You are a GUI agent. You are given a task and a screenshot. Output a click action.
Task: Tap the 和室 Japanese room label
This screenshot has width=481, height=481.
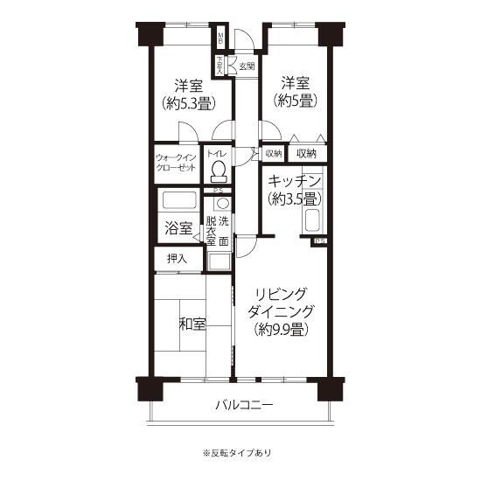(192, 324)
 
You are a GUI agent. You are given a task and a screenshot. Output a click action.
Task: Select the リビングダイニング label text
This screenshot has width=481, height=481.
(281, 303)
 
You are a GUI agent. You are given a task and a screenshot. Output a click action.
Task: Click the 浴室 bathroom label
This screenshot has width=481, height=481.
(178, 228)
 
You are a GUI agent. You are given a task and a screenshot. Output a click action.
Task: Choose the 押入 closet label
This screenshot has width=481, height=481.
(177, 259)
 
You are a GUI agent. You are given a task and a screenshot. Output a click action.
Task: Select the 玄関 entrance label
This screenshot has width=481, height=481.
(247, 66)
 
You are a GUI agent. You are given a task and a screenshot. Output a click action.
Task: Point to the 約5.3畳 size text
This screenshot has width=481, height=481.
(189, 102)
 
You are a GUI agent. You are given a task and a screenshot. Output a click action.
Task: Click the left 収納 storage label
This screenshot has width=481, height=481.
(273, 154)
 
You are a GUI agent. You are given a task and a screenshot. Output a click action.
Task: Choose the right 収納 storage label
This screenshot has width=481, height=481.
(306, 154)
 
